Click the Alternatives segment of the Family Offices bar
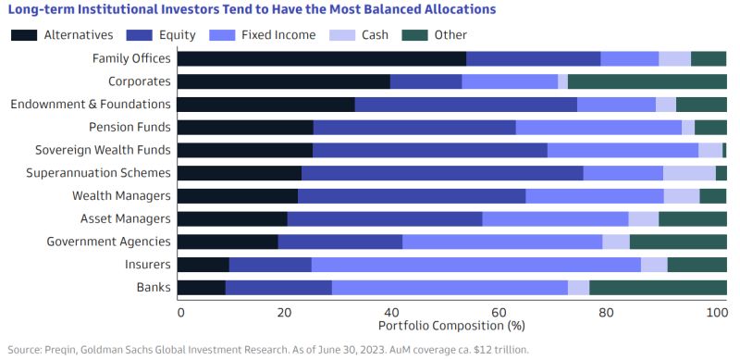point(321,58)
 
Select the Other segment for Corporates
point(647,81)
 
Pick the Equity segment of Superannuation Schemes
point(442,172)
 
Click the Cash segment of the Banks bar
point(578,287)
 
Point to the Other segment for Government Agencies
point(677,242)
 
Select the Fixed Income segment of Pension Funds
point(598,127)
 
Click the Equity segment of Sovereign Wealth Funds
point(430,150)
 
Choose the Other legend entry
point(450,35)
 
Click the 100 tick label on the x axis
point(717,312)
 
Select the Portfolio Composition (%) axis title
point(450,327)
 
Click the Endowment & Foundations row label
point(91,104)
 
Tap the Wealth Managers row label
point(122,195)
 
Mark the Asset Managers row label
point(125,218)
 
